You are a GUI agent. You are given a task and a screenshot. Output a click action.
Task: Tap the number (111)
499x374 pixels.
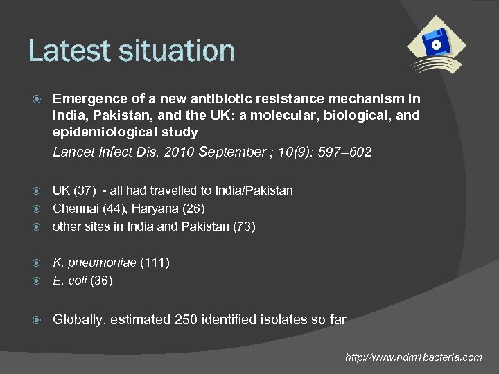155,262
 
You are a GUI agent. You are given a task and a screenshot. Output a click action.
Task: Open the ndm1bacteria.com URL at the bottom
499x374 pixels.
414,357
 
